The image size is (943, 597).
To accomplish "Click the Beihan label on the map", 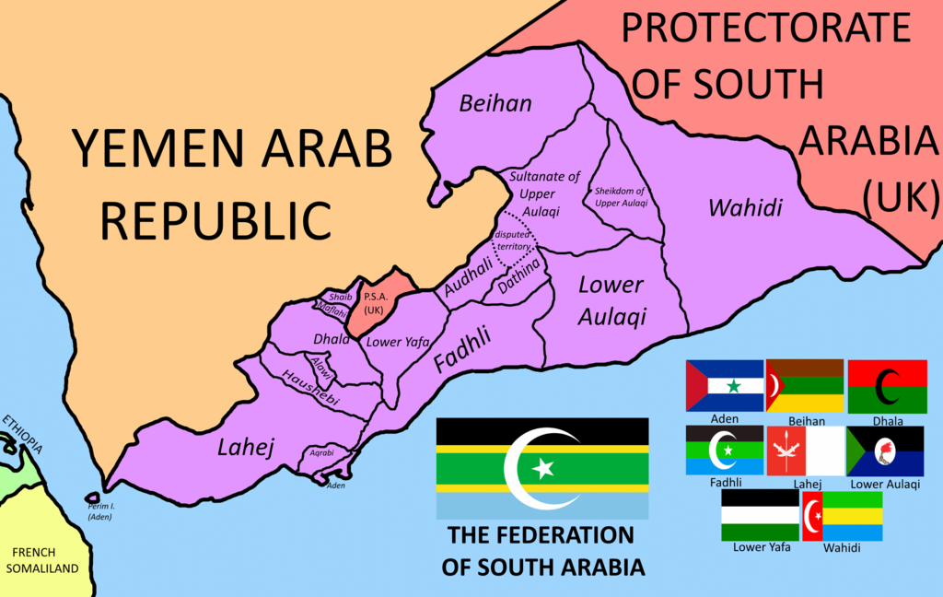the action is [496, 103].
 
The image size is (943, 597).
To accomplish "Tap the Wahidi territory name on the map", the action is [745, 208].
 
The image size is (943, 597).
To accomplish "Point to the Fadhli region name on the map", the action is [463, 350].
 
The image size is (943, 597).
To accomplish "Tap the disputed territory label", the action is [513, 241].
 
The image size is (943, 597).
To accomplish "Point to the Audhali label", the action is [469, 277].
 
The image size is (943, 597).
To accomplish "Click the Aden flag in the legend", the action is [725, 385].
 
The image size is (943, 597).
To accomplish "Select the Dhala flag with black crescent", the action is [888, 386].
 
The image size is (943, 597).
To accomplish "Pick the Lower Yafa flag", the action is [761, 515].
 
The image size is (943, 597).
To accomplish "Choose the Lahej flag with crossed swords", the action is [805, 451].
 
